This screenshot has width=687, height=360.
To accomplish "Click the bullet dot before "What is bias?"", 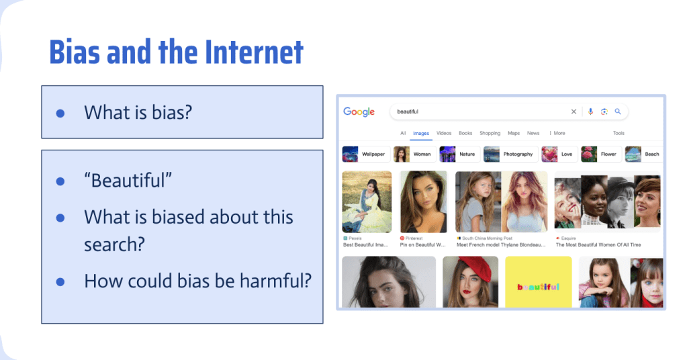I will pyautogui.click(x=60, y=113).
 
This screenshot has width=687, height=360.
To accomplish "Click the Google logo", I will pyautogui.click(x=359, y=111).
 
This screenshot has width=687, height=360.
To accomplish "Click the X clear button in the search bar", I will pyautogui.click(x=574, y=111).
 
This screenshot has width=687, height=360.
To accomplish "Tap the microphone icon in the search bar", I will pyautogui.click(x=590, y=111).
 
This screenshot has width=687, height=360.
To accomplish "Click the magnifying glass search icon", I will pyautogui.click(x=618, y=111).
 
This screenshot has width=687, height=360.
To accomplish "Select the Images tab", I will pyautogui.click(x=421, y=133).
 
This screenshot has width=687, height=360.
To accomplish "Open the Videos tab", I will pyautogui.click(x=444, y=133).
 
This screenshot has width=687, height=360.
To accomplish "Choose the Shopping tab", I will pyautogui.click(x=490, y=133).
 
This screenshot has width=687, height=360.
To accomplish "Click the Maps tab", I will pyautogui.click(x=514, y=133).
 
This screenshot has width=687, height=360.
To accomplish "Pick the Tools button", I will pyautogui.click(x=619, y=133).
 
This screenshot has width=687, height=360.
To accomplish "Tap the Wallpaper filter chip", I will pyautogui.click(x=365, y=154).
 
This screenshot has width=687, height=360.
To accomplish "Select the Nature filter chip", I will pyautogui.click(x=459, y=154).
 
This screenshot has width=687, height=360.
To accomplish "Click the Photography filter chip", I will pyautogui.click(x=510, y=154).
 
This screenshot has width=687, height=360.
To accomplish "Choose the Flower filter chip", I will pyautogui.click(x=600, y=154).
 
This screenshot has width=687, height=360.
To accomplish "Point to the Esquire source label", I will pyautogui.click(x=569, y=238).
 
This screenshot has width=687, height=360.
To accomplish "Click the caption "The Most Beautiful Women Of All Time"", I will pyautogui.click(x=598, y=245).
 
